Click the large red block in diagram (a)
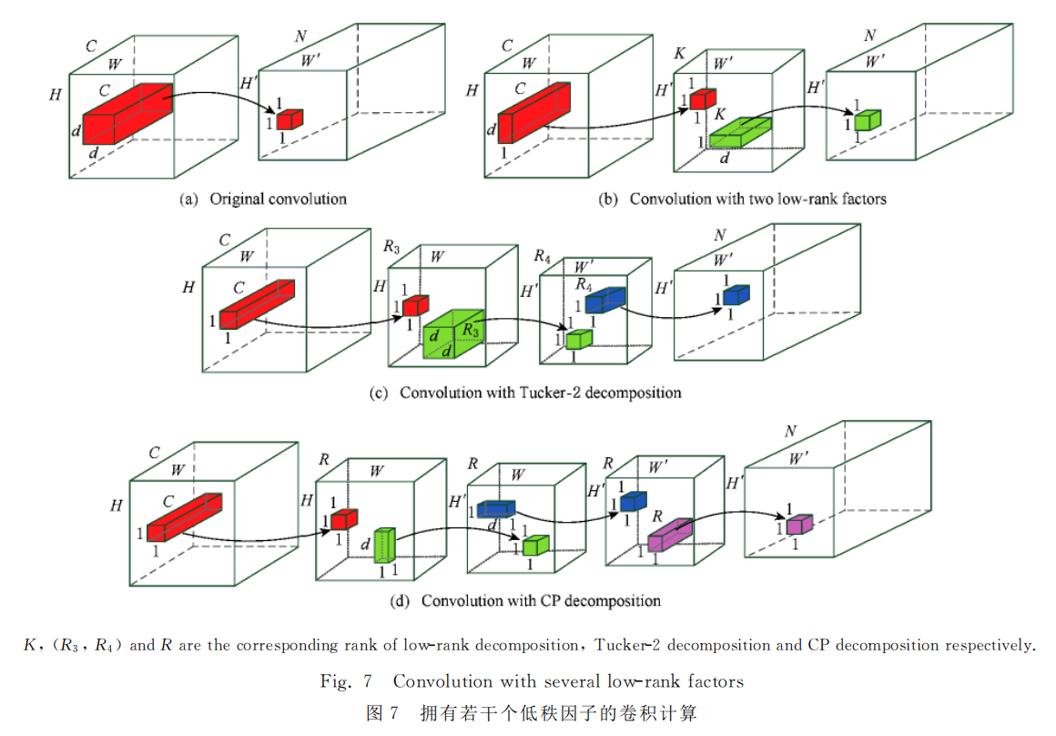(x=127, y=114)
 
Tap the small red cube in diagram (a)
(x=289, y=119)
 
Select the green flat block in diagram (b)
(x=740, y=133)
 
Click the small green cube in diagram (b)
(x=868, y=119)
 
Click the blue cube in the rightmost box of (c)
(x=736, y=295)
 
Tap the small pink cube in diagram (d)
(x=798, y=525)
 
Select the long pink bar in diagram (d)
(x=670, y=534)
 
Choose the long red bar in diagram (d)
(x=184, y=517)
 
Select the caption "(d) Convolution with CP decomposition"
(x=525, y=601)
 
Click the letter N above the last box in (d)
(x=791, y=431)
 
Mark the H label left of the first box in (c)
(x=188, y=288)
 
